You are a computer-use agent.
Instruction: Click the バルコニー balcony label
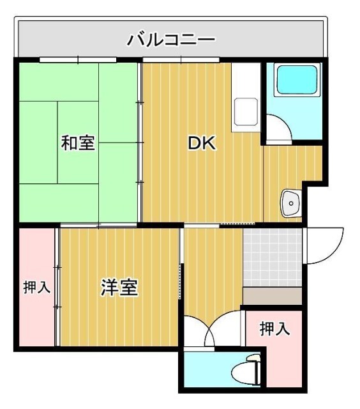click(x=170, y=40)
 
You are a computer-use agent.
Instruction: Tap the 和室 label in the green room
click(x=78, y=143)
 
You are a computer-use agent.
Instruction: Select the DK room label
click(x=201, y=143)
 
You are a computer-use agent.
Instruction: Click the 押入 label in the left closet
click(x=36, y=288)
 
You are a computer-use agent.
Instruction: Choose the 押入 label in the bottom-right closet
click(x=274, y=329)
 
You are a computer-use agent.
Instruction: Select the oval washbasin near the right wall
click(x=290, y=204)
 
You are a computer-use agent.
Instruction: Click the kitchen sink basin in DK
click(x=244, y=112)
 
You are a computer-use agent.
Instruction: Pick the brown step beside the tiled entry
click(x=272, y=296)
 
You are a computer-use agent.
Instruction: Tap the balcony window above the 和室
click(x=78, y=60)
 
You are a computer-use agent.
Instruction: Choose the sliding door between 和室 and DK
click(x=140, y=141)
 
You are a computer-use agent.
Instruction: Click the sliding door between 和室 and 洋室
click(x=99, y=225)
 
